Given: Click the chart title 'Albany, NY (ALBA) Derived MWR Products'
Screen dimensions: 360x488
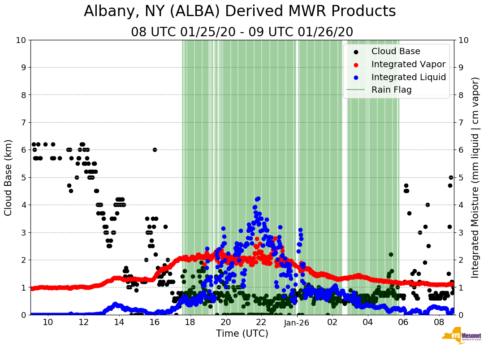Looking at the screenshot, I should pos(240,11).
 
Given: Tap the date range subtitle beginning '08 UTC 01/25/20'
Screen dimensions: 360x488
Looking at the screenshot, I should pos(242,32).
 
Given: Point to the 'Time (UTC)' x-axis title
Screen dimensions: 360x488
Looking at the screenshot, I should pos(242,334).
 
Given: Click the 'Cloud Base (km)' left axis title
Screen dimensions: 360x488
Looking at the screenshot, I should pos(9,177).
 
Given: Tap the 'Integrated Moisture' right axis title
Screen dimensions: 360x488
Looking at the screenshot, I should pos(475,177).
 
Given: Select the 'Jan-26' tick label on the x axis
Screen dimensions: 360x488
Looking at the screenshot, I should pos(297,322).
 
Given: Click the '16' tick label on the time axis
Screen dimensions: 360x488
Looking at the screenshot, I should pos(155,322).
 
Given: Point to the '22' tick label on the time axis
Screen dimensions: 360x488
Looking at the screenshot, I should pos(261,322).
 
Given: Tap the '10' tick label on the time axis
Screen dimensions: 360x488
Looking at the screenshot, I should pos(48,322).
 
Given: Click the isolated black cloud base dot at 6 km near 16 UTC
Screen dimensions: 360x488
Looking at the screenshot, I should pos(155,150).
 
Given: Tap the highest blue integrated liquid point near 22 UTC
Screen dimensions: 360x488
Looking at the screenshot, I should pos(258,199).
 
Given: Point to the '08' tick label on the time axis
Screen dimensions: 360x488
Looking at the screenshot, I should pos(439,322).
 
